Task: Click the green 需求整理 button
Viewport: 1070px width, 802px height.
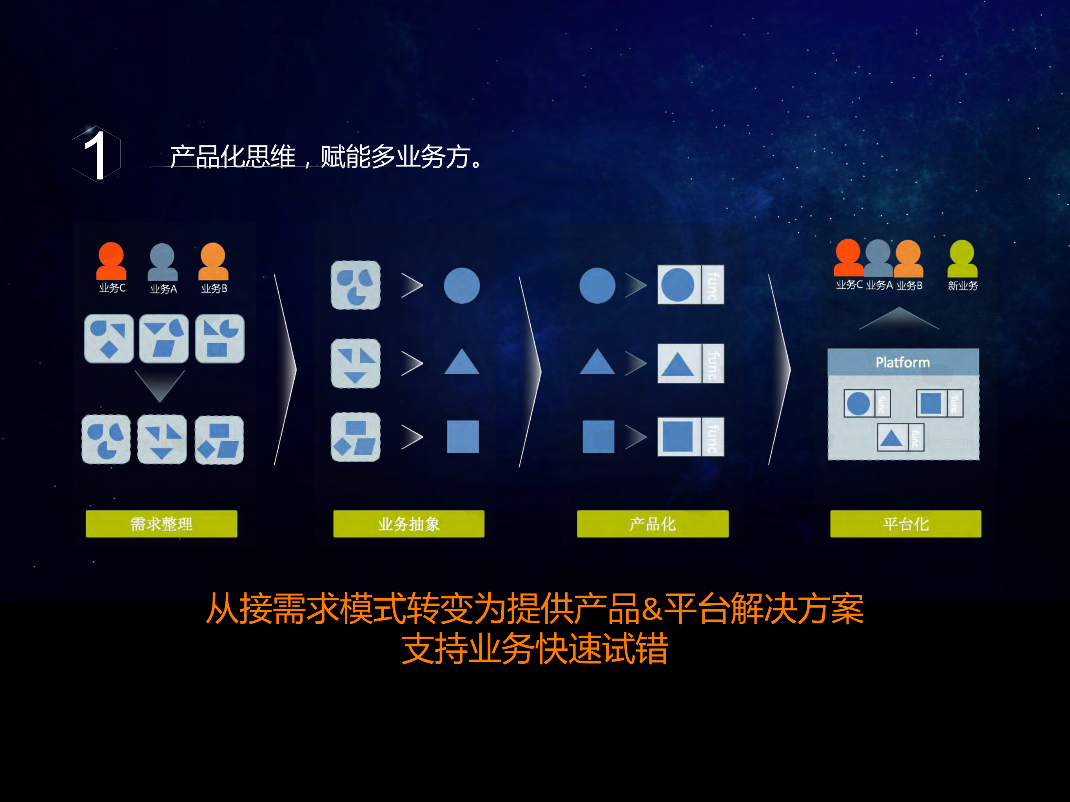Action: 161,523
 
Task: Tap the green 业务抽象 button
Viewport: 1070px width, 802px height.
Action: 409,523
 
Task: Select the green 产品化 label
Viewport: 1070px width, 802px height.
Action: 653,523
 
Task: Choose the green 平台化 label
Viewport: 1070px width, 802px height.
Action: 905,523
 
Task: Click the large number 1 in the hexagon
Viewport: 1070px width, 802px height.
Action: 95,155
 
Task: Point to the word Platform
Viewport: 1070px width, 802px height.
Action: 903,362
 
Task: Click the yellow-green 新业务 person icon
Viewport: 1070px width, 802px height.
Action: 962,259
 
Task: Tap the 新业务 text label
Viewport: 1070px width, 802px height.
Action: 963,286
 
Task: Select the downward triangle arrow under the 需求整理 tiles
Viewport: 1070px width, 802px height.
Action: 160,385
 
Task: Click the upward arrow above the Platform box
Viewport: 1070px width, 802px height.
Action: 899,319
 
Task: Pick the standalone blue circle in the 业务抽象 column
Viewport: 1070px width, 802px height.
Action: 461,285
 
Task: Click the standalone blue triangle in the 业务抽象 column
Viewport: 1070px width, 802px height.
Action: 461,362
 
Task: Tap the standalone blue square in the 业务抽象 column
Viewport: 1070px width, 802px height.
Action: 462,436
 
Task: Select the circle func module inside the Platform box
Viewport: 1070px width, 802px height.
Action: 867,403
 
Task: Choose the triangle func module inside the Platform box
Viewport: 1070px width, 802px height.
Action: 900,438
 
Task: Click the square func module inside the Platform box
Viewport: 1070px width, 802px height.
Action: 939,403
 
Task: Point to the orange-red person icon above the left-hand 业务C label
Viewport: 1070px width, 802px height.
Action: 111,261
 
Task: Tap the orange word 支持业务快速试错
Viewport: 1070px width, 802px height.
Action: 535,648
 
